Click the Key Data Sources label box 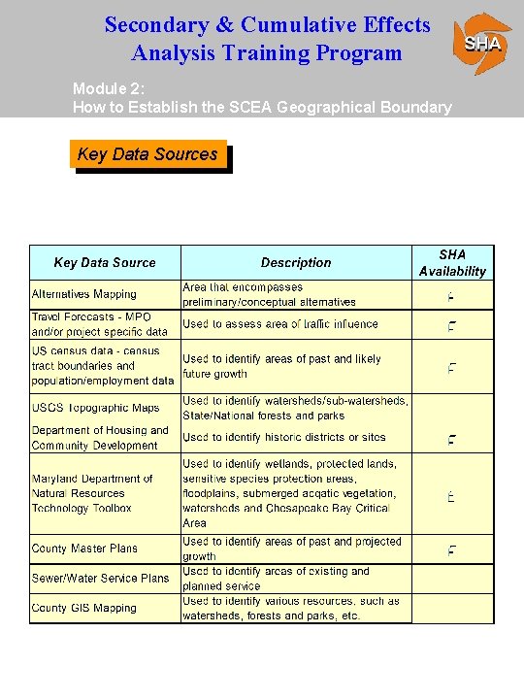point(147,154)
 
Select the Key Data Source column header point(105,263)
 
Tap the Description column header point(296,263)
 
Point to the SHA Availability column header point(452,263)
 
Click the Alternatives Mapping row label point(84,294)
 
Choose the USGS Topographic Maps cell point(95,408)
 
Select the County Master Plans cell point(84,549)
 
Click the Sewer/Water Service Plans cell point(100,578)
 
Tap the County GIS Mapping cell point(84,608)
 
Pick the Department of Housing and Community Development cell point(100,438)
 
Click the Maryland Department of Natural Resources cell point(92,493)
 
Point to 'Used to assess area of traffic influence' point(280,324)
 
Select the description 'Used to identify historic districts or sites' point(284,438)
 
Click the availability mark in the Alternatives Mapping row point(451,295)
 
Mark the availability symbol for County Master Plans point(451,550)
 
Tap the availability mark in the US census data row point(451,368)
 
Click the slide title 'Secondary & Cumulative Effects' point(267,24)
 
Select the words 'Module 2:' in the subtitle point(104,88)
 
